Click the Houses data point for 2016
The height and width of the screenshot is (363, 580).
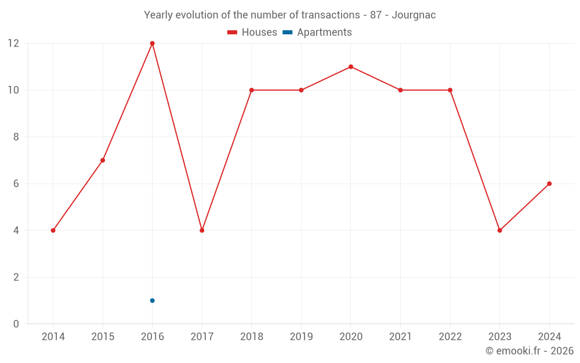pyautogui.click(x=153, y=44)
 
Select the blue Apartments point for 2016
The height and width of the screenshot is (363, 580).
pyautogui.click(x=153, y=300)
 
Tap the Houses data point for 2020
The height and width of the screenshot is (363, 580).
pyautogui.click(x=351, y=67)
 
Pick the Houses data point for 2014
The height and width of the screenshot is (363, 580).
pyautogui.click(x=53, y=231)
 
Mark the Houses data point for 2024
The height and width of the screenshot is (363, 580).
pyautogui.click(x=549, y=184)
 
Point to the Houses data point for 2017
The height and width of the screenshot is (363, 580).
pyautogui.click(x=202, y=231)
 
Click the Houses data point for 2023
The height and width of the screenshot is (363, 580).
pyautogui.click(x=499, y=231)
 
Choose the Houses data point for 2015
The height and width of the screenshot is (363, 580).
pyautogui.click(x=103, y=160)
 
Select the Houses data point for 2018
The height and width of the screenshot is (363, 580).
pyautogui.click(x=252, y=90)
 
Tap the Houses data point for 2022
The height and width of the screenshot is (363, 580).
pyautogui.click(x=450, y=90)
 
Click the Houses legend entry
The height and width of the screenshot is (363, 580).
pyautogui.click(x=252, y=33)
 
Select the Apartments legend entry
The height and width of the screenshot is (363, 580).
pyautogui.click(x=317, y=33)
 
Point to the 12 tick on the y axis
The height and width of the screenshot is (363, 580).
pyautogui.click(x=13, y=44)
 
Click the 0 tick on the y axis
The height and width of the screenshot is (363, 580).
pyautogui.click(x=16, y=324)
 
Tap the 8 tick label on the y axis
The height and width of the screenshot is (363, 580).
pyautogui.click(x=16, y=137)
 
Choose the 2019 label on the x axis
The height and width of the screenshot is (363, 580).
pyautogui.click(x=301, y=337)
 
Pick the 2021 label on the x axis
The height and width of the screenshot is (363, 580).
pyautogui.click(x=400, y=337)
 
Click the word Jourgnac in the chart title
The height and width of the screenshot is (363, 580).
pyautogui.click(x=414, y=15)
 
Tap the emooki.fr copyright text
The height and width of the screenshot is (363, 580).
pyautogui.click(x=530, y=351)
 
